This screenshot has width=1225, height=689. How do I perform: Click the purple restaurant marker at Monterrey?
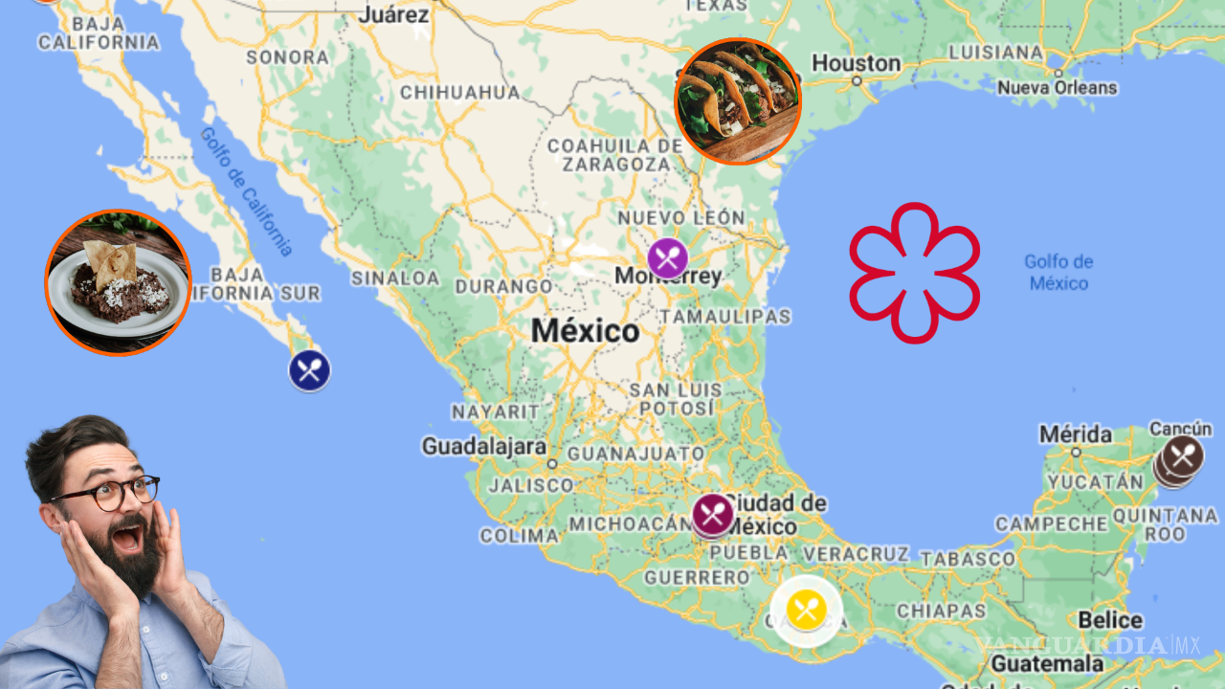(x=667, y=258)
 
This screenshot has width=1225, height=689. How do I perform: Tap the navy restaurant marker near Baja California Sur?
(x=309, y=370)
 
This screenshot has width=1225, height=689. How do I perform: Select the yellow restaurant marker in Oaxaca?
(x=807, y=610)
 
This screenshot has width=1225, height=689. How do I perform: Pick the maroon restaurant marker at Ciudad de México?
(x=712, y=514)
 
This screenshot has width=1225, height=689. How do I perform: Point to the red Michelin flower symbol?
(x=914, y=273)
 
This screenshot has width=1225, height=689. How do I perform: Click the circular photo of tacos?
(x=738, y=101)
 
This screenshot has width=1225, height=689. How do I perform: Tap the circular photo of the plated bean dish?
(x=118, y=282)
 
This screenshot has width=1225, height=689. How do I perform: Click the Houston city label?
(x=856, y=64)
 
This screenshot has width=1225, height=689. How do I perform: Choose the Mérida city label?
(x=1076, y=434)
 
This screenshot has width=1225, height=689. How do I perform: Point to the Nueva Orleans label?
(x=1057, y=88)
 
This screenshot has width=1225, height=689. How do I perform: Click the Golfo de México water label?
(x=1058, y=272)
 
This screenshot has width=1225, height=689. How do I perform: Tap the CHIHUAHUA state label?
(x=459, y=93)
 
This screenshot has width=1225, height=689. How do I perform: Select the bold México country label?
(x=585, y=331)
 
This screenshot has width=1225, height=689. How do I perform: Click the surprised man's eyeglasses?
(x=110, y=494)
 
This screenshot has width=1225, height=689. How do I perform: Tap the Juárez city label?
(x=393, y=14)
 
